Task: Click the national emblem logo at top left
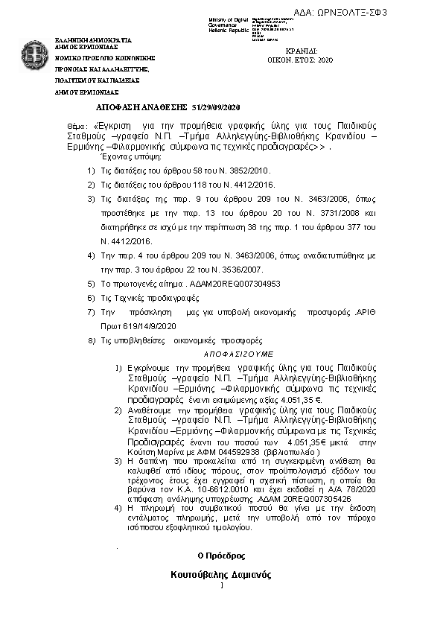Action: (34, 54)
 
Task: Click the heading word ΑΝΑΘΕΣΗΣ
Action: (162, 107)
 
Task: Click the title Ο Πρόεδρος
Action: (221, 556)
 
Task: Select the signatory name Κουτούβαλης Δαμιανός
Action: (220, 575)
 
